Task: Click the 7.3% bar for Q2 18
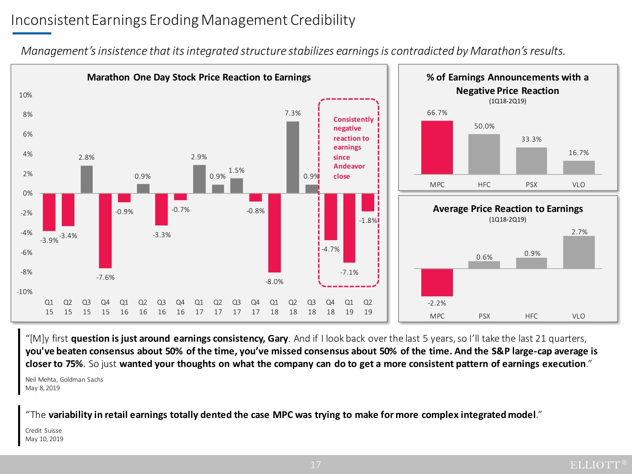pyautogui.click(x=293, y=157)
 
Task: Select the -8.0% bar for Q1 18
pyautogui.click(x=274, y=233)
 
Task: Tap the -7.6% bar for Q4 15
pyautogui.click(x=105, y=230)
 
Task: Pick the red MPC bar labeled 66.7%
pyautogui.click(x=437, y=147)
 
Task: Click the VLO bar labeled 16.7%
pyautogui.click(x=578, y=167)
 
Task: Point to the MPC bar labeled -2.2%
pyautogui.click(x=437, y=282)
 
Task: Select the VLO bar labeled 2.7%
pyautogui.click(x=578, y=252)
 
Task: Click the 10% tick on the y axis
pyautogui.click(x=26, y=95)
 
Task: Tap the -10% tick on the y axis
pyautogui.click(x=24, y=292)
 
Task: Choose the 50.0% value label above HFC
pyautogui.click(x=484, y=126)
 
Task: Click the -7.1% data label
pyautogui.click(x=349, y=272)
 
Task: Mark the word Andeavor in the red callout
pyautogui.click(x=349, y=166)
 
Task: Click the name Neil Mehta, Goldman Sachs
pyautogui.click(x=64, y=379)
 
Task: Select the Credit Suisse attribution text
pyautogui.click(x=43, y=430)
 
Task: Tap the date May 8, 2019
pyautogui.click(x=43, y=388)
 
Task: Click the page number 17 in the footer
pyautogui.click(x=316, y=465)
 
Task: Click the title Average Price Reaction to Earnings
pyautogui.click(x=508, y=209)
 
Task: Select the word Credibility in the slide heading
pyautogui.click(x=323, y=20)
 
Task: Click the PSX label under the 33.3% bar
pyautogui.click(x=531, y=185)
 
